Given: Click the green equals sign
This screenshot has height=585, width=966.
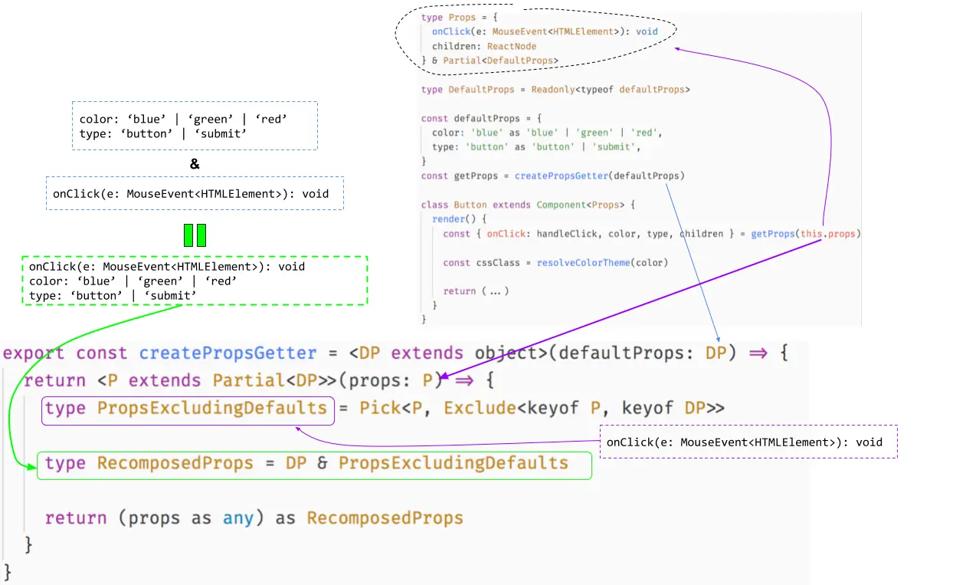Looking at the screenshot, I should (x=195, y=235).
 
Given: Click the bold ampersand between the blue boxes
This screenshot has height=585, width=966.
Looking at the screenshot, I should (x=195, y=163).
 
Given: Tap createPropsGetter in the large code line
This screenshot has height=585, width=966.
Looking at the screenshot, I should (x=228, y=353).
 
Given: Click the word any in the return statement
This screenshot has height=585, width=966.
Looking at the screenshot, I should (x=238, y=518).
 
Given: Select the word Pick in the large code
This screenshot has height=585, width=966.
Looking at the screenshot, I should (x=380, y=408).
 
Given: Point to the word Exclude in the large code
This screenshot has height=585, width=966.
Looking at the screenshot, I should (x=480, y=408).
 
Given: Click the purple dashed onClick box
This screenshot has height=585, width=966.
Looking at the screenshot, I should (x=748, y=442).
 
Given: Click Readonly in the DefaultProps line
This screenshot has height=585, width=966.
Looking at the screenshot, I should (x=555, y=90).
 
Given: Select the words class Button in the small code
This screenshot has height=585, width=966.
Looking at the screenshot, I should (x=454, y=205).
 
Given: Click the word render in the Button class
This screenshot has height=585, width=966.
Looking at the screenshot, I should (x=448, y=219).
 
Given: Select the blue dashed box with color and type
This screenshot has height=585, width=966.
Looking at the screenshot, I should (x=195, y=127).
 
